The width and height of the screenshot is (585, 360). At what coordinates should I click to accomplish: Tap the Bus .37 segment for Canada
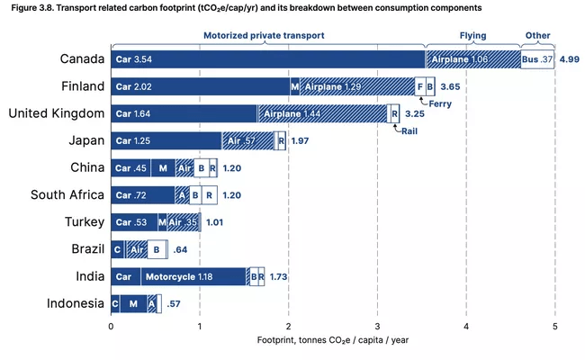(x=536, y=59)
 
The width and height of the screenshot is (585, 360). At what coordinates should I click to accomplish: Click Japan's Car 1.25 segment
(x=166, y=140)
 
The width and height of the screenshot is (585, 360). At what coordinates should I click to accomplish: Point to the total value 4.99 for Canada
(x=569, y=59)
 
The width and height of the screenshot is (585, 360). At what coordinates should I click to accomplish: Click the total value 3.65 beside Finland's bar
(x=452, y=86)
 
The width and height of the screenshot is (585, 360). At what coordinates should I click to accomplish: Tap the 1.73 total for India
(x=278, y=276)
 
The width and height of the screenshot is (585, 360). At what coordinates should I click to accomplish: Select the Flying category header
(x=472, y=36)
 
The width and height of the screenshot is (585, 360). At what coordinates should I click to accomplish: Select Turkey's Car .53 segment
(x=134, y=221)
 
